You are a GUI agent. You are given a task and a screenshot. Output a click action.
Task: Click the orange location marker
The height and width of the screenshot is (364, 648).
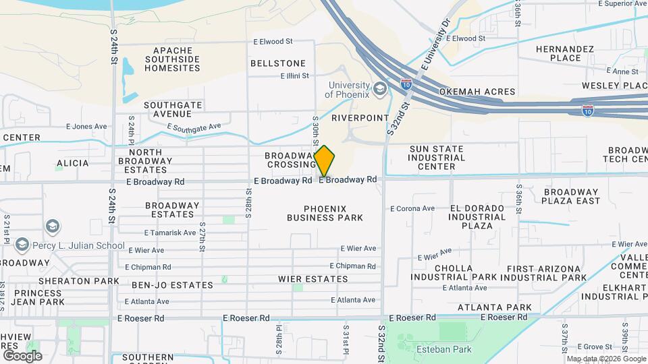tap(325, 160)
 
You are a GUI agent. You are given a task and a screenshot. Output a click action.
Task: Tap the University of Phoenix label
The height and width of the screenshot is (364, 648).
tap(348, 90)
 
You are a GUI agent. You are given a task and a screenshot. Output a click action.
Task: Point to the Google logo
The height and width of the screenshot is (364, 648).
tap(22, 356)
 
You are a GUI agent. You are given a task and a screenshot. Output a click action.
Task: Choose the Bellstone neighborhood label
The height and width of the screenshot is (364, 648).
tap(277, 63)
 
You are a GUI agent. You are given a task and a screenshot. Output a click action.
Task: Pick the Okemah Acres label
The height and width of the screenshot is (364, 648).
tap(477, 92)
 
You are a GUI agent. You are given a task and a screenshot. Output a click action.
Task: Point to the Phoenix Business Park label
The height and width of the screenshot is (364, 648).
tap(325, 213)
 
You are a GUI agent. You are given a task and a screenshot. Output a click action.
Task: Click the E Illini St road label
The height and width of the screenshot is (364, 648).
tap(294, 76)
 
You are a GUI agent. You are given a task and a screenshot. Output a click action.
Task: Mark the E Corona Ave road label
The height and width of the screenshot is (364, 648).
tap(412, 208)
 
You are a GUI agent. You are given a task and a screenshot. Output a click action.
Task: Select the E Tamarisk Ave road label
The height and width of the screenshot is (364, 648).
tap(169, 233)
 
